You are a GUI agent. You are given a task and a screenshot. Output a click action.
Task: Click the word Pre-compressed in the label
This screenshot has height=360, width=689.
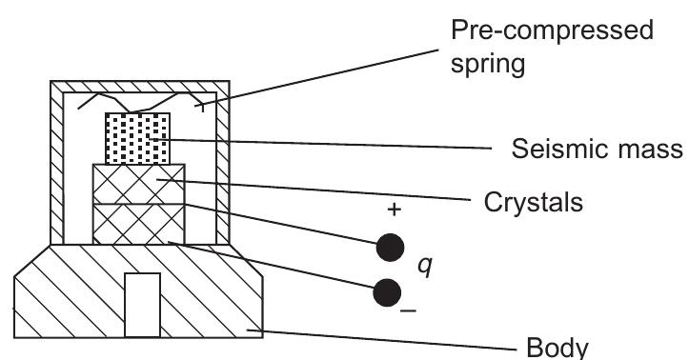click(x=552, y=31)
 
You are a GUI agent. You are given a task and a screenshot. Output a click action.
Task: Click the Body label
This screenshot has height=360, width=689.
click(x=556, y=345)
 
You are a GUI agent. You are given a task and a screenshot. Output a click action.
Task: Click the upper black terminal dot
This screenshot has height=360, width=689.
click(x=388, y=248)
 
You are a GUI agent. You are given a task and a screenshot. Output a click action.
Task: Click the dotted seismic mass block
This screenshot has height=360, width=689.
click(x=137, y=138)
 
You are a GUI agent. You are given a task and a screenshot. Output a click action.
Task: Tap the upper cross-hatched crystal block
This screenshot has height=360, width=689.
click(x=138, y=182)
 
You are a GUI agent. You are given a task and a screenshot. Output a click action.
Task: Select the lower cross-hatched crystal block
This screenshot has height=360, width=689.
click(x=138, y=222)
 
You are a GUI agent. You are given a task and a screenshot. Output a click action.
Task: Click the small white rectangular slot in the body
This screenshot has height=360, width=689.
click(x=142, y=304)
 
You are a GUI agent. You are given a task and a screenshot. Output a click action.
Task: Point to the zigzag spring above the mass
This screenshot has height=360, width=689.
click(x=138, y=102)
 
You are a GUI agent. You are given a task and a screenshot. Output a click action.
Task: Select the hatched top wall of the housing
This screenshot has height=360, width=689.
click(x=139, y=87)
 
